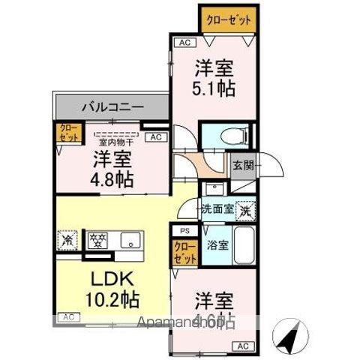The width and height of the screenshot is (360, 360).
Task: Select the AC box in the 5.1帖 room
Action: pos(183,43)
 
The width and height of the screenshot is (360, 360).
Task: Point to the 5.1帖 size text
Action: pos(214,88)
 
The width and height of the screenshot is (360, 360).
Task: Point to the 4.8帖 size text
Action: pos(113,180)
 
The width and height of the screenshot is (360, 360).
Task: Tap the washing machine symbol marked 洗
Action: pos(244,211)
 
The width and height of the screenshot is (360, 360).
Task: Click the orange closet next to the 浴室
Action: pos(183,251)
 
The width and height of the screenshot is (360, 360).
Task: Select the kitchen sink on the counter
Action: pos(132,241)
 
